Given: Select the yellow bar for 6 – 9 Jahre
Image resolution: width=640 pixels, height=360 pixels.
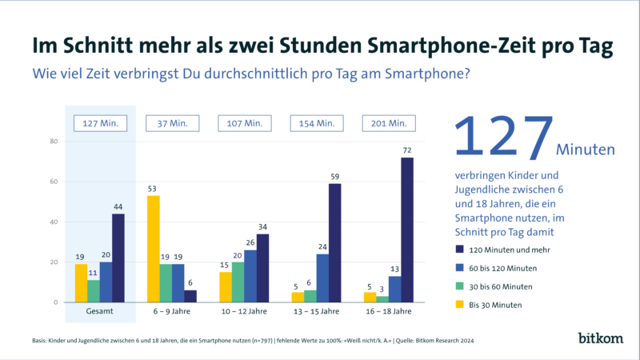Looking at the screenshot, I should (154, 249).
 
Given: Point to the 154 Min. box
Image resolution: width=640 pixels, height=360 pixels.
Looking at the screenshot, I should (317, 123).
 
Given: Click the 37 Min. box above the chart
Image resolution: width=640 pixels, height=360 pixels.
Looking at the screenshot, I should (173, 123).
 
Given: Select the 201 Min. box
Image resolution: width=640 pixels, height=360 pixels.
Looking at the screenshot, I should (389, 123).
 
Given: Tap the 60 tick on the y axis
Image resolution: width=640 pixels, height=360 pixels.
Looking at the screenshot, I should (55, 182).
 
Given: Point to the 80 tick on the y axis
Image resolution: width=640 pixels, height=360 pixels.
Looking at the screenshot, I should (55, 142).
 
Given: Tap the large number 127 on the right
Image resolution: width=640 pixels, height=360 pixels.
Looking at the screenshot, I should (504, 137).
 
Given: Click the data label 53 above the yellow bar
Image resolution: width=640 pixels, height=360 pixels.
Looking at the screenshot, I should (154, 189).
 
